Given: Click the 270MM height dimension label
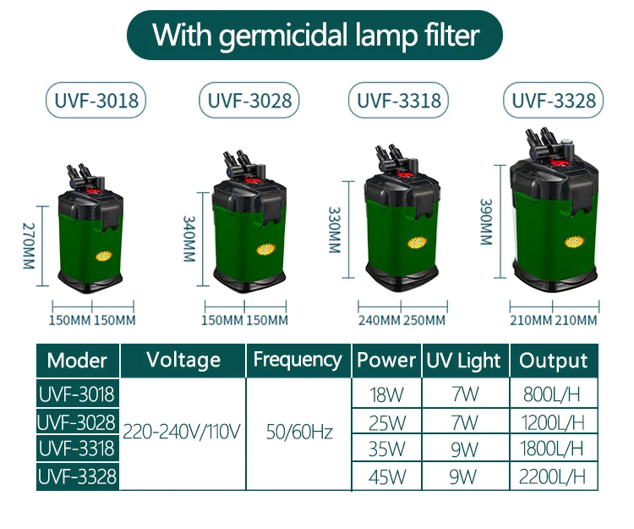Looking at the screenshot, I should (27, 245).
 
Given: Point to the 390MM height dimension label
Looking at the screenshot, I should (486, 223).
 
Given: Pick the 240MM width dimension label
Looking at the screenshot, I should (379, 320).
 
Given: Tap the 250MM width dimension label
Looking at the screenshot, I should (424, 320).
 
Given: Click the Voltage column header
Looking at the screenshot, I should (183, 359).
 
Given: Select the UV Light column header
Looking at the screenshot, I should (463, 361).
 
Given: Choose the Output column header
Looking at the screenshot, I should (554, 361).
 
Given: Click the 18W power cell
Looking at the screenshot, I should (385, 394).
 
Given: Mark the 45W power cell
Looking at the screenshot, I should (385, 477).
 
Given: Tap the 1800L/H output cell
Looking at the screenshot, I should (554, 449).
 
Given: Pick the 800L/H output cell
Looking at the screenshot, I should (554, 394).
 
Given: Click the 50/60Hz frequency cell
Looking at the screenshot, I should (299, 433).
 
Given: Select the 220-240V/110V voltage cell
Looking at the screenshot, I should (183, 433).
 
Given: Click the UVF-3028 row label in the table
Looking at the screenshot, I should (77, 421).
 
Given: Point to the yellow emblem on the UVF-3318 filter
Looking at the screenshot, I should (416, 243).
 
